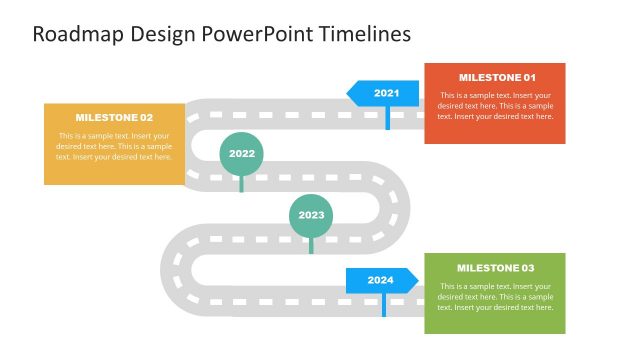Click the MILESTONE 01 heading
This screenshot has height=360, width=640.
coord(497,78)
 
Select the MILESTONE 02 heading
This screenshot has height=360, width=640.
coord(114,117)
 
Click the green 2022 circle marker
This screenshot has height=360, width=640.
coord(241,153)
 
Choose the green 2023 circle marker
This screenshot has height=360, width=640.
coord(311,215)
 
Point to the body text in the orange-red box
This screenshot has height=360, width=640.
coord(495,106)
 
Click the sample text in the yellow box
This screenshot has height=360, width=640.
coord(114,146)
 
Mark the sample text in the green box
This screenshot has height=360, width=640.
coord(495,297)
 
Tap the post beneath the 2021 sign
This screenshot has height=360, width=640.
coord(388,117)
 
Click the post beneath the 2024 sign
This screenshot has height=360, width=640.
coord(383,304)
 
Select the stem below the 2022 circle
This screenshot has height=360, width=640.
coord(241,183)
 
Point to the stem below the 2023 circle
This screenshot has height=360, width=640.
coord(311,245)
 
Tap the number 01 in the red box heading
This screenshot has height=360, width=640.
coord(527,78)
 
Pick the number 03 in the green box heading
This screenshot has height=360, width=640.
coord(525,268)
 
